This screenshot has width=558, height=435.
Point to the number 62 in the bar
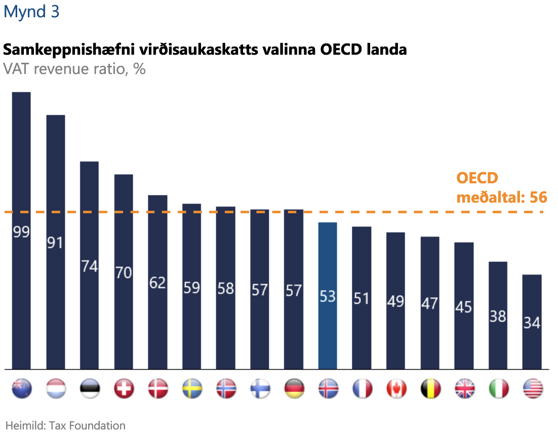point(157,283)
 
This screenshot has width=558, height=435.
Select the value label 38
point(498,316)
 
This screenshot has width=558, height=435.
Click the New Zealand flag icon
point(22,389)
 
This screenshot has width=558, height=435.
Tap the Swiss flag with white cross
point(124,389)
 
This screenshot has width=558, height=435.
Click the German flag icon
point(294,389)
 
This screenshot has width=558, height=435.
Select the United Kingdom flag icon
point(464,389)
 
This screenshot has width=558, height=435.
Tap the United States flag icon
point(533,389)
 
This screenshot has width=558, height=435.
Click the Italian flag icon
point(498,389)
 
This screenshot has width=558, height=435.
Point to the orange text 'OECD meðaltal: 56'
point(501,187)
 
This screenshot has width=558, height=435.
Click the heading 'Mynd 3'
point(31,12)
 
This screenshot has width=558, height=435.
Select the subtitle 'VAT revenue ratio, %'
point(74,68)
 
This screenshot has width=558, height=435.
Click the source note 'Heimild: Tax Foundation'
point(65,425)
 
